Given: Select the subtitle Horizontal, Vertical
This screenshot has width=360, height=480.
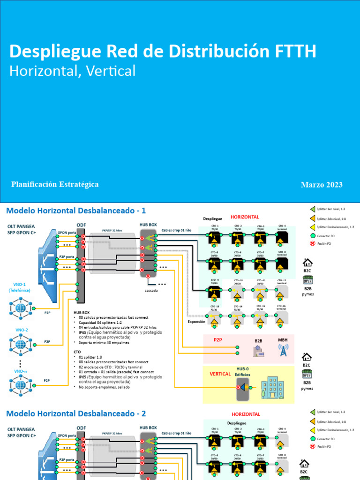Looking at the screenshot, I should (73, 71).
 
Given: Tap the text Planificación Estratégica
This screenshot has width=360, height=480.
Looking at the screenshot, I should (55, 184).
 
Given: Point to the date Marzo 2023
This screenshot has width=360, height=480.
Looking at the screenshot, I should (322, 185).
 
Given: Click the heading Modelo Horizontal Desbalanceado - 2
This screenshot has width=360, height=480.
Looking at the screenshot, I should (76, 413).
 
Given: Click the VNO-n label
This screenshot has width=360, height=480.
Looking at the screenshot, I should (21, 371).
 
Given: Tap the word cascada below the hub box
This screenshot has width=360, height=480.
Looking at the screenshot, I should (151, 290).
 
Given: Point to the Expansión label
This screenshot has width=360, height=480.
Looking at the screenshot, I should (197, 322).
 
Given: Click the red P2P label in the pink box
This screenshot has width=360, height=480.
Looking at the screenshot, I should (218, 340).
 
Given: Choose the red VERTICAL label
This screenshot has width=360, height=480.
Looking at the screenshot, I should (220, 374).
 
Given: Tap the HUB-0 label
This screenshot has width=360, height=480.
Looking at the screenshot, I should (242, 369).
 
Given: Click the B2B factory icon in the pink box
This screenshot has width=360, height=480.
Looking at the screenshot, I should (258, 351).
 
